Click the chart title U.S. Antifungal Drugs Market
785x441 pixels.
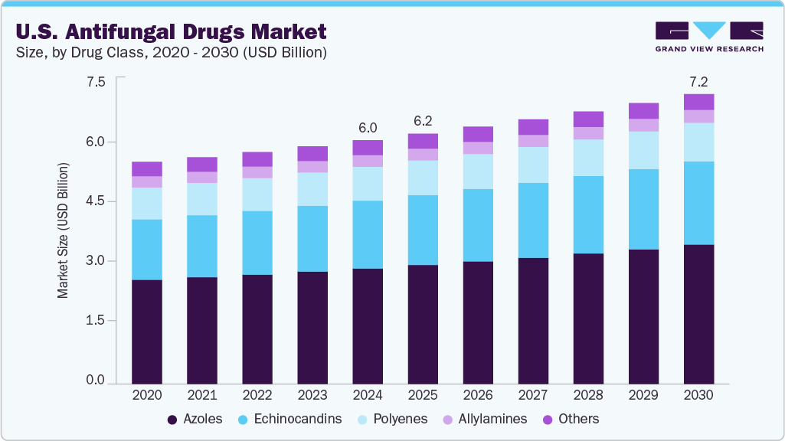tap(169, 31)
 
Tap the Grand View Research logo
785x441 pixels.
tap(709, 37)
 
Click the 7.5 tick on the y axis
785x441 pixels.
tap(95, 82)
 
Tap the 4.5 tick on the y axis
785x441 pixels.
tap(95, 201)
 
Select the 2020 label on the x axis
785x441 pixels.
tap(146, 395)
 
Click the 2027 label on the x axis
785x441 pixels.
tap(533, 395)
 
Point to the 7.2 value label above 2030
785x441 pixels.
tap(698, 80)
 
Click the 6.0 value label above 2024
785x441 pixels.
tap(368, 127)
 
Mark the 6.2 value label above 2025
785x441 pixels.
tap(423, 121)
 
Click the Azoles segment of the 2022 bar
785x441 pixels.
tap(257, 329)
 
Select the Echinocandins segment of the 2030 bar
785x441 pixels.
tap(698, 203)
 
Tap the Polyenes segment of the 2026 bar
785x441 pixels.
tap(478, 171)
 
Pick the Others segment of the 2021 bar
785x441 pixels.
tap(202, 165)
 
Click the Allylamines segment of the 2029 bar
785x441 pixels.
tap(643, 125)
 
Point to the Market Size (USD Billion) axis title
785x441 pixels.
tap(63, 230)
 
